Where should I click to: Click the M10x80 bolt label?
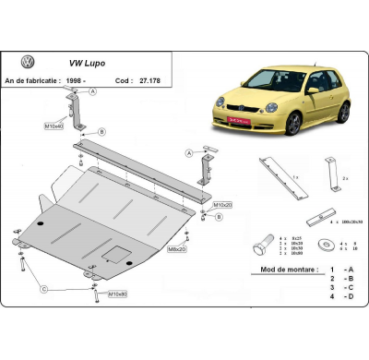pyautogui.click(x=117, y=294)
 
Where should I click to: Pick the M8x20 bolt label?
pyautogui.click(x=176, y=248)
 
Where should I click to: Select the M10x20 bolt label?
pyautogui.click(x=222, y=204)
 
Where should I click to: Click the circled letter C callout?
pyautogui.click(x=43, y=289)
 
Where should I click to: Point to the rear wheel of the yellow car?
pyautogui.click(x=343, y=112)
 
